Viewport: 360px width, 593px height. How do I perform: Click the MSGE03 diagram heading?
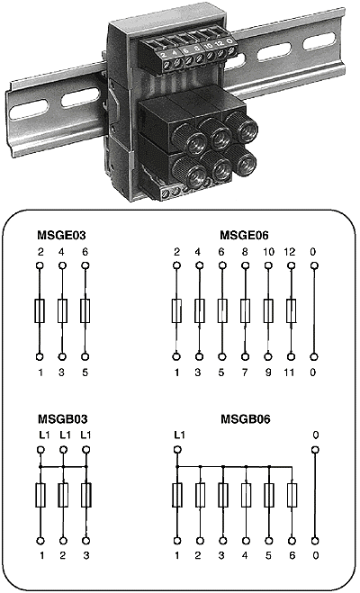(61, 235)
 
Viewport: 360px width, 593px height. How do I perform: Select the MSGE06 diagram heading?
(244, 235)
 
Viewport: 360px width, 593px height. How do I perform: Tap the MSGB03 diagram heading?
(62, 419)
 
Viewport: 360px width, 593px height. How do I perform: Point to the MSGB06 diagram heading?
(246, 419)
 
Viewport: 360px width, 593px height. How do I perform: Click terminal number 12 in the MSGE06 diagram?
(289, 252)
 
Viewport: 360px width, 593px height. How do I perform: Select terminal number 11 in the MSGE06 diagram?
(289, 373)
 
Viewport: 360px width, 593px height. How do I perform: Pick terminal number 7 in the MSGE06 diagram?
(245, 373)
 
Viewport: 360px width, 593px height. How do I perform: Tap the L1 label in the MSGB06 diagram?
(179, 436)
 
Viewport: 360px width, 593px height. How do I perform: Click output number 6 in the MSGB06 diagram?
(292, 555)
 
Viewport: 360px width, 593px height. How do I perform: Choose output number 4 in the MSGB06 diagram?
(245, 555)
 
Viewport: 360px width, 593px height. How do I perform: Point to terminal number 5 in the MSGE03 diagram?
(85, 373)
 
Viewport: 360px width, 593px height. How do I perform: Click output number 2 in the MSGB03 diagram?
(63, 555)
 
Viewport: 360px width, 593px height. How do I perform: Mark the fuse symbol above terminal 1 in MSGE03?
(40, 310)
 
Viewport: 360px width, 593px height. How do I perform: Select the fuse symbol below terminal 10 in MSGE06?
(268, 310)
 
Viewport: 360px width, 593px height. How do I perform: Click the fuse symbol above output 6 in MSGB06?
(292, 495)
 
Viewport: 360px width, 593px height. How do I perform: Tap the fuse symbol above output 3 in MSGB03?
(86, 495)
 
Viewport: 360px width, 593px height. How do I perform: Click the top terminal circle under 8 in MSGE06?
(245, 265)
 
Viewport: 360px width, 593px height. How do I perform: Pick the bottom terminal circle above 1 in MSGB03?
(40, 541)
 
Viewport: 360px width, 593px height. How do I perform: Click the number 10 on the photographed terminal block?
(208, 46)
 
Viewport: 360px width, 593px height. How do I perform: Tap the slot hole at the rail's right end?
(319, 41)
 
